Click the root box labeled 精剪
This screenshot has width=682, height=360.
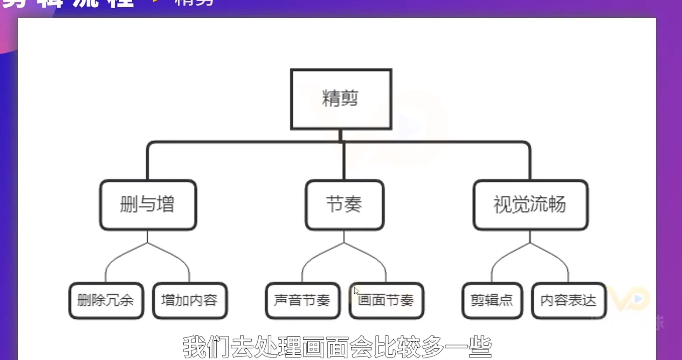341,99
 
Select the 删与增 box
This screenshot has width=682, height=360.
148,205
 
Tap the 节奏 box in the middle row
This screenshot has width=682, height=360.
344,205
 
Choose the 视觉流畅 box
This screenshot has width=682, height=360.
530,205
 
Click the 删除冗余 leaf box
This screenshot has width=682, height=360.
106,301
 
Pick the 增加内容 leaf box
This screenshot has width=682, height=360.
189,301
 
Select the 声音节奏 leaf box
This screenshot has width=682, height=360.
302,301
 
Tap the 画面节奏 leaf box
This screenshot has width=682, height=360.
386,301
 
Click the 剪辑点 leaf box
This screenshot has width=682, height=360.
492,301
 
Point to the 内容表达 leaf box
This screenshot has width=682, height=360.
569,301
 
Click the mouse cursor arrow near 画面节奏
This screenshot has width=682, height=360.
356,291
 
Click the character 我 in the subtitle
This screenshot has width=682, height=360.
195,347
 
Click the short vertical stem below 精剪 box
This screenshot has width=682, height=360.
341,135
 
